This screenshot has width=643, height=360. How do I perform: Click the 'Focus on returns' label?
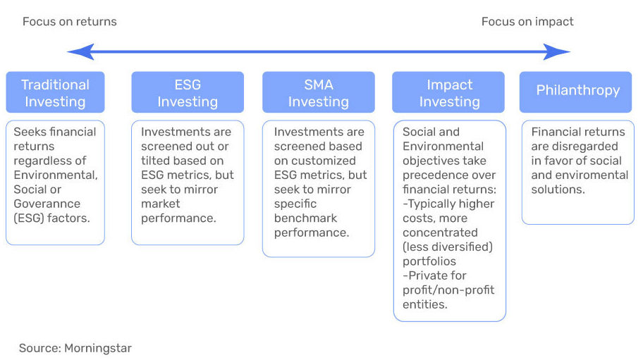pos(70,21)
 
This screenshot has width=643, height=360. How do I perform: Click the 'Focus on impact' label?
pos(527,21)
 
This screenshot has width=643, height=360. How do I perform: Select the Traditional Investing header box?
pos(56,92)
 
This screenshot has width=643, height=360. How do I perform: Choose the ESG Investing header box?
pos(188,92)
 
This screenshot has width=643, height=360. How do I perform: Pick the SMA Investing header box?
pos(319,92)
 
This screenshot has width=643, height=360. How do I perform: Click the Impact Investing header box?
pos(448,92)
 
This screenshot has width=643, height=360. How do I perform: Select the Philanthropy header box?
pos(576,92)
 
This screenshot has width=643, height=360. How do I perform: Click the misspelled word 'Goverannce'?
pos(47,204)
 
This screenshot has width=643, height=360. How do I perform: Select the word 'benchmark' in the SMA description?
pos(305,218)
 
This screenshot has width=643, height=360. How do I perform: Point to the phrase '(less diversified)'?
pos(448,247)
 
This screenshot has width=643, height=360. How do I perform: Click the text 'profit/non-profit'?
pos(448,290)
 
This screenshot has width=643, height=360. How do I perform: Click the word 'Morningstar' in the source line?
pos(98,348)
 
